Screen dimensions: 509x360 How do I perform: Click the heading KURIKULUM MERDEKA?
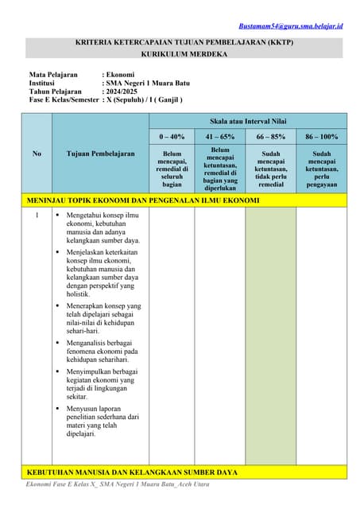(184, 54)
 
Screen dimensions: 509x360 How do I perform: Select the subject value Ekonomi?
(120, 75)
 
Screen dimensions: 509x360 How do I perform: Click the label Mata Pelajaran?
(53, 75)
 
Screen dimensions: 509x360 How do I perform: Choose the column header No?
(37, 153)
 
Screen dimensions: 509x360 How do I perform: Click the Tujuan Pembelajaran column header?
(100, 153)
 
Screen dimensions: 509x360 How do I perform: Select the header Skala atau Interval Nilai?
(248, 121)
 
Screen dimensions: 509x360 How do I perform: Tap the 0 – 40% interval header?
(172, 137)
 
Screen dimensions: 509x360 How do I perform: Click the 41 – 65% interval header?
(220, 137)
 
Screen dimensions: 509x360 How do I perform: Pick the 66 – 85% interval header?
(271, 137)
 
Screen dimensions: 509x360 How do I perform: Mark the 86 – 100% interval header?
(321, 137)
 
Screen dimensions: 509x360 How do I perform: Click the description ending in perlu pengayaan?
(321, 169)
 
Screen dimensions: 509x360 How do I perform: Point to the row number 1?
(37, 216)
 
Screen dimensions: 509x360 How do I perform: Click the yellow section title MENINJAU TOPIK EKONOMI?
(143, 200)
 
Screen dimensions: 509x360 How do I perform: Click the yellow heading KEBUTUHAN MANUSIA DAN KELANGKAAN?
(133, 472)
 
